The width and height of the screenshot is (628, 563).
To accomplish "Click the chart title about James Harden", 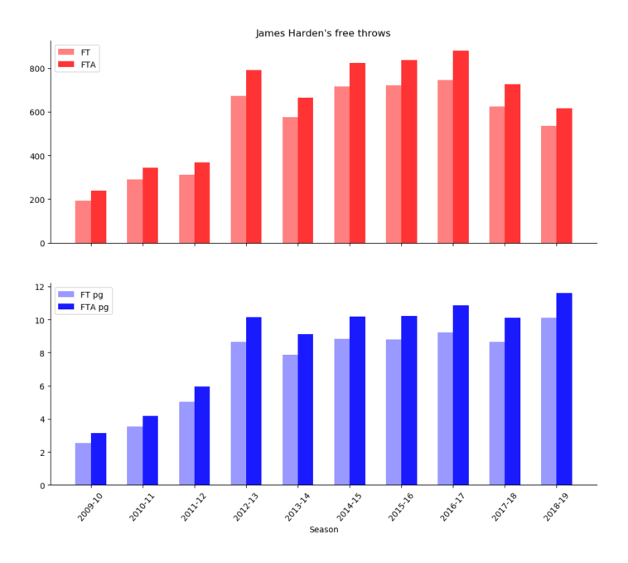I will coord(322,33).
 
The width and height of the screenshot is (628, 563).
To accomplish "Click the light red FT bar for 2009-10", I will coord(83,221).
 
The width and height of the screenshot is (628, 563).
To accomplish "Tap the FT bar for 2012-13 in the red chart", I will coord(239,169).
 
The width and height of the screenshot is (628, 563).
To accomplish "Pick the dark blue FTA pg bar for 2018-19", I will coord(564,389).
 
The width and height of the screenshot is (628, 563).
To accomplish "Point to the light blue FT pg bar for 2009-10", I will coord(83,464).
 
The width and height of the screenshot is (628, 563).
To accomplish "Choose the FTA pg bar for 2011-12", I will coord(202,435).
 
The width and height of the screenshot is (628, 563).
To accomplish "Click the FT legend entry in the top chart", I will coord(75,51).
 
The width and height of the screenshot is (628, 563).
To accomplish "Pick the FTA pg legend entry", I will coord(83,307).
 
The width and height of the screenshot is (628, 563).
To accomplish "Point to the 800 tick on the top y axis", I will coord(36,69).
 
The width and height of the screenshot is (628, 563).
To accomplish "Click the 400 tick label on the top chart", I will coord(36,156).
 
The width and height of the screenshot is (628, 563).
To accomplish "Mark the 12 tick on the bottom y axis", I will coord(40,287).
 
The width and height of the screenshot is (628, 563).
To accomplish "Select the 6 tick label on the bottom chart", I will coord(41,386).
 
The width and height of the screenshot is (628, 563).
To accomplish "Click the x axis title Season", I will coord(323,530).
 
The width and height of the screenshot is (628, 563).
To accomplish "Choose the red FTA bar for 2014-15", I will coord(357,153).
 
